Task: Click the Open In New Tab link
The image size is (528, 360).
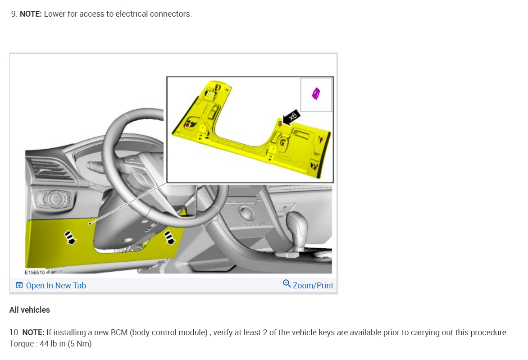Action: [x=55, y=285]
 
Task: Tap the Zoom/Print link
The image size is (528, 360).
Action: [x=313, y=285]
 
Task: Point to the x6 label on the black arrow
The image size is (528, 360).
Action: [x=293, y=116]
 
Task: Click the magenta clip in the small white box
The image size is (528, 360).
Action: [x=316, y=93]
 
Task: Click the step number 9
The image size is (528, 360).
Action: [x=14, y=14]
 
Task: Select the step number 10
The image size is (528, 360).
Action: [x=14, y=333]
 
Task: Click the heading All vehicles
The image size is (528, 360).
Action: [x=30, y=310]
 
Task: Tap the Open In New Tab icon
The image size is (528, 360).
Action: [x=19, y=285]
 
